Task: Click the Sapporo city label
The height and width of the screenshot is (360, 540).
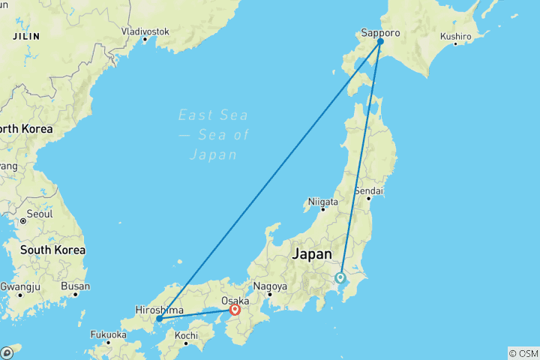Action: [x=379, y=33]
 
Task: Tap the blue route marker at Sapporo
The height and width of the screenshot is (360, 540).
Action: [x=380, y=42]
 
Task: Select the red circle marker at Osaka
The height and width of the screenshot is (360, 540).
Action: [x=235, y=309]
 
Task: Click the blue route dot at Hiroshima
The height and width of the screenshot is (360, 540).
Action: [x=159, y=319]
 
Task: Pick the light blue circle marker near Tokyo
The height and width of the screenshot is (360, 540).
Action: [x=340, y=277]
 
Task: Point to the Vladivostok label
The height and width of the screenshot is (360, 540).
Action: [x=145, y=31]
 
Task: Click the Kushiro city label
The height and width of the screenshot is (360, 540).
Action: [x=455, y=36]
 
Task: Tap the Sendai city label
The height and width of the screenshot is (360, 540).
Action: [x=369, y=190]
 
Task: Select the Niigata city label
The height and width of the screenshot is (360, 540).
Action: [x=323, y=202]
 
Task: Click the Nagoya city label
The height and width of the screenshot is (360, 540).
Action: [x=271, y=286]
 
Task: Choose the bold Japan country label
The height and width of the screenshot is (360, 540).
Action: [x=310, y=253]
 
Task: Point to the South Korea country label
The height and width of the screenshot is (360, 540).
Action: [x=52, y=249]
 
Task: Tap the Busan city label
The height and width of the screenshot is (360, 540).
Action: [x=76, y=286]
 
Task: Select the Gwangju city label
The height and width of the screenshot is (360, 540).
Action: [x=20, y=286]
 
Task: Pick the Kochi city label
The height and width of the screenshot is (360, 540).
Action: [x=187, y=335]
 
